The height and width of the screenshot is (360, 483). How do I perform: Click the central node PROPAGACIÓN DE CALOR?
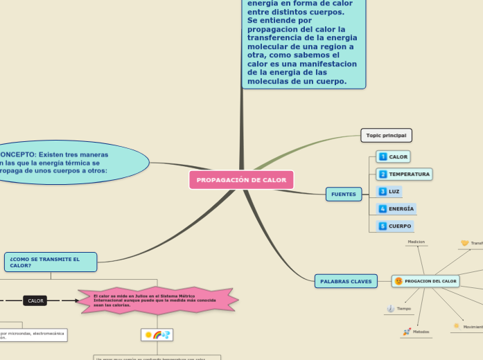click(x=241, y=180)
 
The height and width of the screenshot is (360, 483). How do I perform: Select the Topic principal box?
click(x=387, y=135)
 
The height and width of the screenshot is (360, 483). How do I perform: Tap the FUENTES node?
click(x=344, y=195)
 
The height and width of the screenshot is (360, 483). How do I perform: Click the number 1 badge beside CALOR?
click(x=383, y=157)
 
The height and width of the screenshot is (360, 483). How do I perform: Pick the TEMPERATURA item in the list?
click(x=409, y=174)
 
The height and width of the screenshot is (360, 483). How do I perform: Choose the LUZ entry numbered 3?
click(x=394, y=191)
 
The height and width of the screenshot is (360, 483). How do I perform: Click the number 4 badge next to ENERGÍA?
click(x=383, y=208)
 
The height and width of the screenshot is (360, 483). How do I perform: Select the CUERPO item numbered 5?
click(x=399, y=226)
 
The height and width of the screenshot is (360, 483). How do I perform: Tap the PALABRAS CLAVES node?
click(x=346, y=281)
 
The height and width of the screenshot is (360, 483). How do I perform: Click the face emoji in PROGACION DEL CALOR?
click(x=398, y=281)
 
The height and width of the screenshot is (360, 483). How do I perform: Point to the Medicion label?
click(x=416, y=242)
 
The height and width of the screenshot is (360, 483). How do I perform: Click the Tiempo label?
click(x=404, y=309)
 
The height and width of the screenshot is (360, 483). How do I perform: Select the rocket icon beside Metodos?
click(x=407, y=332)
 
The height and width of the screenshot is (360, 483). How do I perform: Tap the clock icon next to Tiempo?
click(x=391, y=308)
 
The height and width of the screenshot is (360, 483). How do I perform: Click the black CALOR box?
click(x=35, y=300)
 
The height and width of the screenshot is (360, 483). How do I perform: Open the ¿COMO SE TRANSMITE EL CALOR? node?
click(x=51, y=262)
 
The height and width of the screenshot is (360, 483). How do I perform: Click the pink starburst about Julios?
click(x=157, y=300)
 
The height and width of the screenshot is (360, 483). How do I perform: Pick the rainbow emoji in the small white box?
click(x=157, y=335)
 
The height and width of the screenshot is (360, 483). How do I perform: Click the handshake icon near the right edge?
click(x=464, y=243)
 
